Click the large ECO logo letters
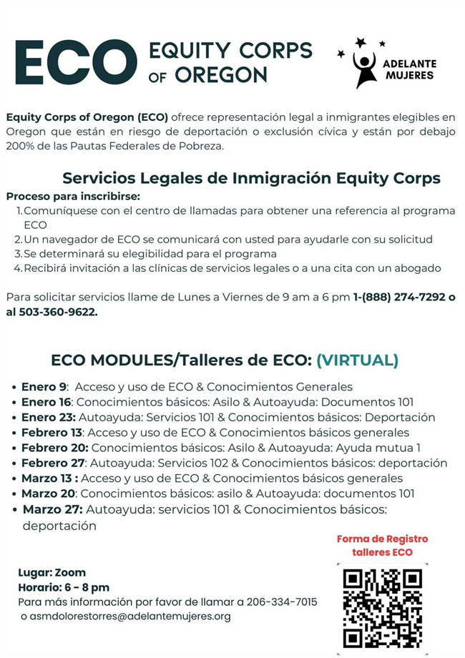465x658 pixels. click(75, 62)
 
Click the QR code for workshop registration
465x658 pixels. click(383, 608)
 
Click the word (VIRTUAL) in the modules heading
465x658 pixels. click(357, 360)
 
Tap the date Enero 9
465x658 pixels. click(44, 386)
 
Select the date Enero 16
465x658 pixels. click(47, 402)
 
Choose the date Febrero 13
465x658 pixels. click(52, 432)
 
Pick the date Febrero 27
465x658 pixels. click(52, 463)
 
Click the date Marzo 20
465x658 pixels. click(49, 493)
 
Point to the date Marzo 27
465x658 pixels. click(52, 509)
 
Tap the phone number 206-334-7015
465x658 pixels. click(282, 601)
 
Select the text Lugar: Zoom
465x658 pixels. click(52, 572)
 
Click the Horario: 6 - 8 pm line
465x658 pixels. click(64, 587)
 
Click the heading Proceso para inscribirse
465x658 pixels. click(73, 196)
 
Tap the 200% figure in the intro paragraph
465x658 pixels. click(21, 146)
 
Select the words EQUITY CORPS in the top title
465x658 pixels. click(230, 51)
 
